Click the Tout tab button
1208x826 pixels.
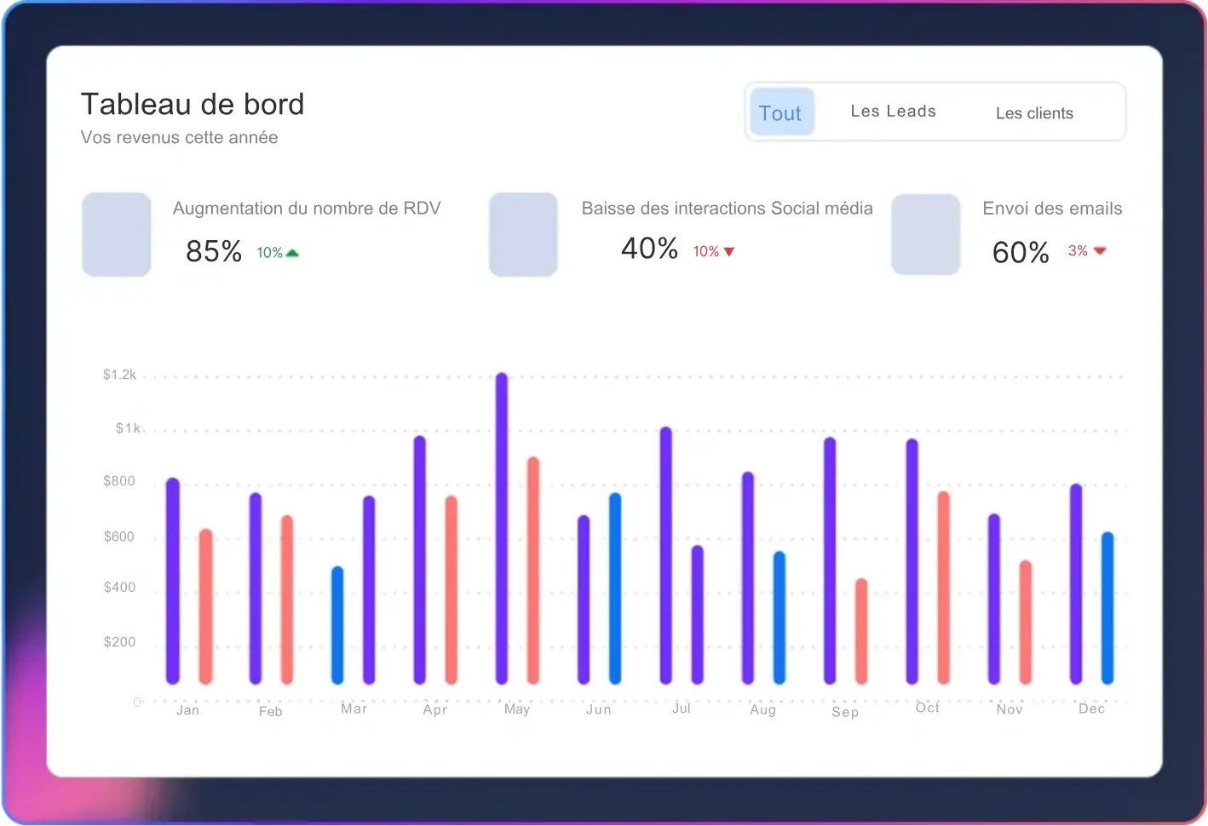[x=781, y=112]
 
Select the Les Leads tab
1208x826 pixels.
[x=893, y=112]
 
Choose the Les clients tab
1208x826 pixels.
[x=1034, y=113]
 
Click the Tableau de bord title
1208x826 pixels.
[x=193, y=104]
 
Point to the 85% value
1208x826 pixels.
[x=214, y=251]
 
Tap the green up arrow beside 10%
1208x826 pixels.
[x=292, y=253]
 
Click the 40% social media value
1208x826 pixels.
[x=649, y=249]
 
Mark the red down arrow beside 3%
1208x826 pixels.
[x=1100, y=250]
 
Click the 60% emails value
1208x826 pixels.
[x=1021, y=252]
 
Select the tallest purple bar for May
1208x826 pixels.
[x=502, y=528]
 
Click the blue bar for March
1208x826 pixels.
[x=337, y=625]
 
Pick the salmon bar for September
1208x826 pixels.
[x=861, y=631]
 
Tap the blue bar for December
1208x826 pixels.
[x=1107, y=608]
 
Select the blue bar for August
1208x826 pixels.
[x=779, y=617]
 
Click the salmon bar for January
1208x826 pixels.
[x=205, y=606]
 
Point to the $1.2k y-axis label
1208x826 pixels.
[x=119, y=375]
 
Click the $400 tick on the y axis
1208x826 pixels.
[x=119, y=588]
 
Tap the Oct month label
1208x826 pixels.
[x=927, y=708]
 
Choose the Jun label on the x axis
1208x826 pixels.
[x=598, y=709]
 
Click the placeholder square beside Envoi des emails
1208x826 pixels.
[x=926, y=234]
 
